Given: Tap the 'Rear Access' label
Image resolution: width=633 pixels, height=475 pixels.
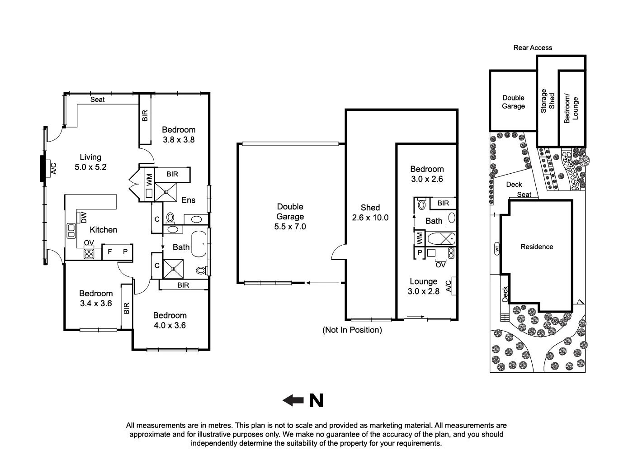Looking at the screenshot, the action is click(533, 47).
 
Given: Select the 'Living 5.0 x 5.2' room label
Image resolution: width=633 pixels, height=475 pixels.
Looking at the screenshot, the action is click(90, 162).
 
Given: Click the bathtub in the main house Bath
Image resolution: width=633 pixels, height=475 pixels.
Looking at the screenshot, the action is click(198, 244).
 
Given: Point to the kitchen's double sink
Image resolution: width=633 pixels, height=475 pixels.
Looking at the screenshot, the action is click(71, 231).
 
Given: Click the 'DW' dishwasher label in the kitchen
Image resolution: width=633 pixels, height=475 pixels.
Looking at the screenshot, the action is click(84, 218).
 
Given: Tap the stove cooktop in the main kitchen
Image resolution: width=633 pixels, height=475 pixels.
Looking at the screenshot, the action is click(89, 254).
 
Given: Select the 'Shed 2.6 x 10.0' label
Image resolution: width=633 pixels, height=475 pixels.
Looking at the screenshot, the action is click(370, 213).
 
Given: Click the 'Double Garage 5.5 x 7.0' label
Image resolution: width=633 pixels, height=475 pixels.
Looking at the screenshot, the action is click(290, 217).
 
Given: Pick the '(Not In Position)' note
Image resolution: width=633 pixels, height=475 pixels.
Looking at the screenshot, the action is click(352, 330).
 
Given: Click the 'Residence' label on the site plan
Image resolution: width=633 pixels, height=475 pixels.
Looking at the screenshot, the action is click(537, 247).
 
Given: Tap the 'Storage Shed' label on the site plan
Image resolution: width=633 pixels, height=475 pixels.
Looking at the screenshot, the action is click(548, 101).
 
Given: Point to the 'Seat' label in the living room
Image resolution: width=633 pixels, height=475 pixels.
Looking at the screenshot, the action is click(98, 100).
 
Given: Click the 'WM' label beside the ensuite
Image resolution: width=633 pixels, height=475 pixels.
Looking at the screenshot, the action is click(149, 180).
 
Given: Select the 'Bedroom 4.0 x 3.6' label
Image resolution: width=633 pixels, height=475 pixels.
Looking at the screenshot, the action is click(170, 320).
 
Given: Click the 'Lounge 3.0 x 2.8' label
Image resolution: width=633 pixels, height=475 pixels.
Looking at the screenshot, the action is click(424, 286).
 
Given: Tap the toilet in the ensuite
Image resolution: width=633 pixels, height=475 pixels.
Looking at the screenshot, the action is click(170, 218).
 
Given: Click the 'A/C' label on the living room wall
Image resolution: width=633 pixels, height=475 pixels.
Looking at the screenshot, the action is click(54, 169).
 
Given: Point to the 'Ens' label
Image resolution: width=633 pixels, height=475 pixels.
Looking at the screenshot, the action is click(188, 200).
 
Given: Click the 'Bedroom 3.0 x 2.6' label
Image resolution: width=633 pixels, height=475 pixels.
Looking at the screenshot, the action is click(427, 174).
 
